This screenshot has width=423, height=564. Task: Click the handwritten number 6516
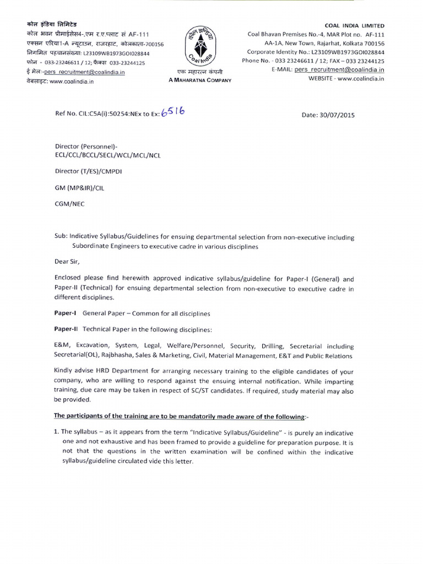pyautogui.click(x=172, y=112)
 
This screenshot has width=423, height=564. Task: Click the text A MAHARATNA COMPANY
pyautogui.click(x=200, y=80)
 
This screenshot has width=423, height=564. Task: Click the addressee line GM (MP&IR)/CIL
pyautogui.click(x=79, y=187)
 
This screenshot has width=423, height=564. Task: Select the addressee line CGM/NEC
pyautogui.click(x=70, y=203)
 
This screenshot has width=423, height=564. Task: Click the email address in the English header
pyautogui.click(x=339, y=70)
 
